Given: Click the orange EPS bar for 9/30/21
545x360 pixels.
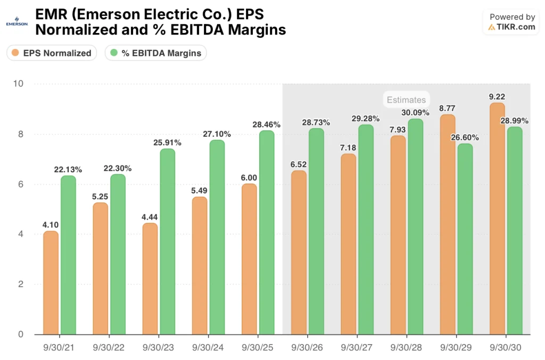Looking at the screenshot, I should pos(51,282).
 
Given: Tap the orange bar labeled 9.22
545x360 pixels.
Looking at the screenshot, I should pos(497,219).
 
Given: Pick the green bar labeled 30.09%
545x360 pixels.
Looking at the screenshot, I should pos(416,227).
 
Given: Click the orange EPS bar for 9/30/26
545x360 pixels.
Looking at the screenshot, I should pos(299,253).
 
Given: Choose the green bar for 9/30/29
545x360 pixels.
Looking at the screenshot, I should pos(465,239).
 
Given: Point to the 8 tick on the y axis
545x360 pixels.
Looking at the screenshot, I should pos(21,134).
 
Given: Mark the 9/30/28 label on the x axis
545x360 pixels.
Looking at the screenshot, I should pos(407,347).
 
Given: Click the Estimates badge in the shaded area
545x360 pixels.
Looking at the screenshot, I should pos(406,99).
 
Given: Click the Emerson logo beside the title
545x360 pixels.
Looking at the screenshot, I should pos(16,23).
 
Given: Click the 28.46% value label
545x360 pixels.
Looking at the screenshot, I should pos(266,124).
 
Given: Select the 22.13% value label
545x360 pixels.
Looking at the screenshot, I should pos(68,169).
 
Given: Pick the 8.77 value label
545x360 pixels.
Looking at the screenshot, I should pos(448,107).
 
